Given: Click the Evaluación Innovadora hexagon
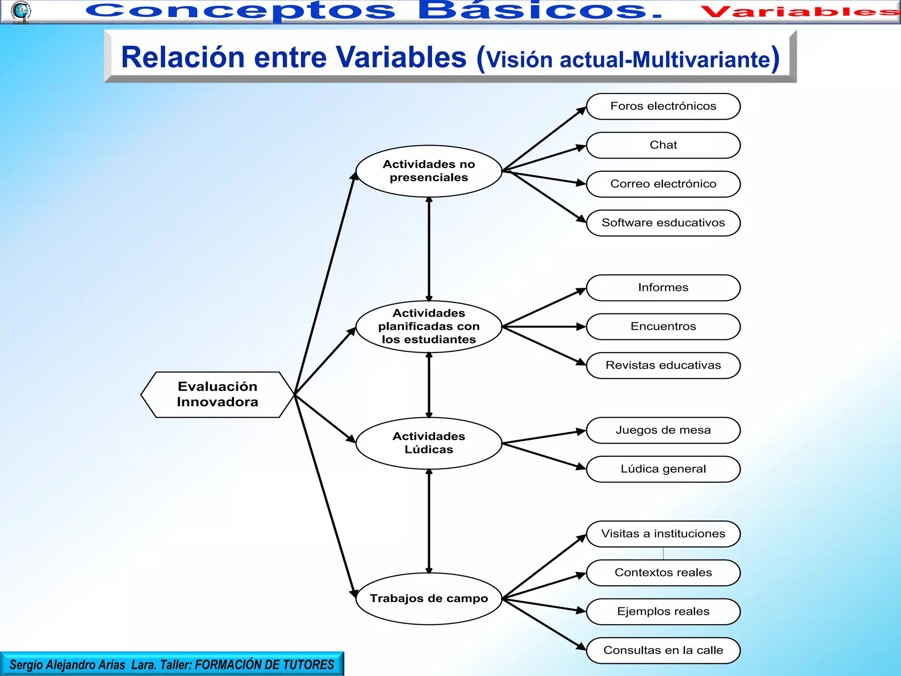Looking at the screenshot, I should [x=217, y=394].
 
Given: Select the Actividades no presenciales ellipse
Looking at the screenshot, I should [x=429, y=171].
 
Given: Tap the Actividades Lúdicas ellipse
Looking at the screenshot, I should [x=429, y=443].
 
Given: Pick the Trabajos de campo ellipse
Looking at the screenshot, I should [x=429, y=598].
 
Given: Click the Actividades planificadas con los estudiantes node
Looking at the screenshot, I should [x=429, y=326].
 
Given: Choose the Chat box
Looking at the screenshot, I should [x=663, y=145].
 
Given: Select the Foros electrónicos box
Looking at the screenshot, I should [x=663, y=106].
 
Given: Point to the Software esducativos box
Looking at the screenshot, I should [x=663, y=223].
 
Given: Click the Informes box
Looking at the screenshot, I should [x=663, y=287].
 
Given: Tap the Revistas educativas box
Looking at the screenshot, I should [x=663, y=365].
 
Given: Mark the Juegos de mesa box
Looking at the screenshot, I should [x=663, y=430].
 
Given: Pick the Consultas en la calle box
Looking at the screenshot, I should [x=663, y=650].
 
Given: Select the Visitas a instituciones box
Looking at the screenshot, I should [x=663, y=534].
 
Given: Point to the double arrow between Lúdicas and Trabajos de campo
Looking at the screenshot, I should [x=429, y=521].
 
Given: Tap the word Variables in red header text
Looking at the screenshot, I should [x=798, y=12].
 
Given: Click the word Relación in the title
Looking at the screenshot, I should [x=183, y=57].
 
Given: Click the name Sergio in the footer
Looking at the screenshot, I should [x=26, y=665].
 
